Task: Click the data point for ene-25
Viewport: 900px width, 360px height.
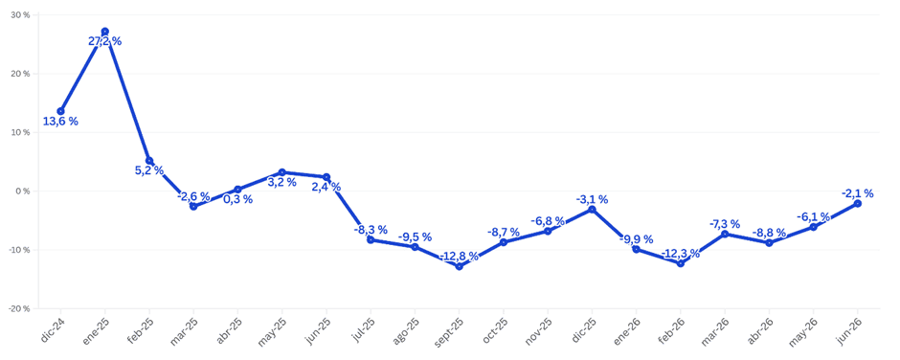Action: point(105,32)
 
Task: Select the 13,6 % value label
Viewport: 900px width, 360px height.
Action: point(60,122)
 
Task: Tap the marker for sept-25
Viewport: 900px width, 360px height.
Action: point(460,266)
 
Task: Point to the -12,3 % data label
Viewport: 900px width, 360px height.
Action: point(680,253)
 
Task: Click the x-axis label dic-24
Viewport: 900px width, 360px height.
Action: point(51,330)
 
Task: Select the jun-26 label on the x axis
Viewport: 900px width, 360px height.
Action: point(849,330)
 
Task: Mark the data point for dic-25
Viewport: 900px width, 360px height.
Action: point(593,210)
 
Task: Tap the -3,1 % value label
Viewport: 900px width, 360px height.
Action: point(592,199)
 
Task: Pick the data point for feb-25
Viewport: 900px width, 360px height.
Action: point(149,161)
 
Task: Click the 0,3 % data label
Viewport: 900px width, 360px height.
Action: point(237,199)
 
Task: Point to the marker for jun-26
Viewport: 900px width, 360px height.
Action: point(858,203)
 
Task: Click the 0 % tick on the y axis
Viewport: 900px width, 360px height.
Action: point(24,191)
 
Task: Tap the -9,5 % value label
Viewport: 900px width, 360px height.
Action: point(415,236)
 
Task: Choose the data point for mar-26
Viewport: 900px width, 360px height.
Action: point(725,234)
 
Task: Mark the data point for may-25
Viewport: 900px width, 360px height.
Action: point(281,172)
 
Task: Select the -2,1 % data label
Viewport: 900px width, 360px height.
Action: point(857,193)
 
